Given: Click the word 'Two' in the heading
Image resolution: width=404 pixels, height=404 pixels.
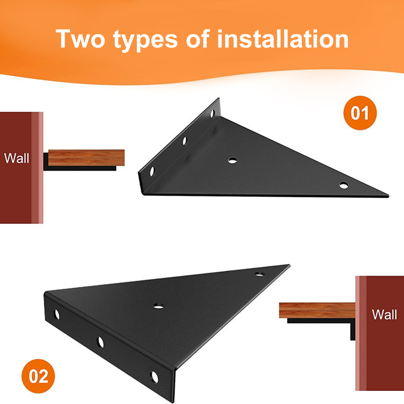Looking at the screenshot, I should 80,39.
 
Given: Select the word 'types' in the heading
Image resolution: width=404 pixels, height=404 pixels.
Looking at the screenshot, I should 145,40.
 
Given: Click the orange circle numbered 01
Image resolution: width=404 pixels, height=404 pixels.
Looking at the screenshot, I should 360,113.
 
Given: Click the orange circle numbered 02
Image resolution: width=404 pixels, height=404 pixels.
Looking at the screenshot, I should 38,376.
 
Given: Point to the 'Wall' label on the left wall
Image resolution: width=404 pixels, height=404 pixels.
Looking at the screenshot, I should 17,158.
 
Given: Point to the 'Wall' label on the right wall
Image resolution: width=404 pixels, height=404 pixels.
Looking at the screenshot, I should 384,315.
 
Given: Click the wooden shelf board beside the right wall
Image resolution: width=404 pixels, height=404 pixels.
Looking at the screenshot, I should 317,310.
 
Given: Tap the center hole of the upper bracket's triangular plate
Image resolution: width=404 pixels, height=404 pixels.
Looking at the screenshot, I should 233,160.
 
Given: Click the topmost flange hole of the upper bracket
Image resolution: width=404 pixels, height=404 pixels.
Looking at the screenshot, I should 213,113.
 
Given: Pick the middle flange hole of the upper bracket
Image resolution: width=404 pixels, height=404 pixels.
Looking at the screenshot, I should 185,141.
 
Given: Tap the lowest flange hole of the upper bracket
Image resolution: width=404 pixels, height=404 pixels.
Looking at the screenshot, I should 152,171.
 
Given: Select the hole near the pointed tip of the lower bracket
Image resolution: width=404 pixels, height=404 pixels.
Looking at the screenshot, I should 259,274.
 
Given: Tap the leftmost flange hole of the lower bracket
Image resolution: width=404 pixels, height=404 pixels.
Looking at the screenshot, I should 57,314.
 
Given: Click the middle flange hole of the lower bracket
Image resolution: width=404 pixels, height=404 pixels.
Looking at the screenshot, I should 100,342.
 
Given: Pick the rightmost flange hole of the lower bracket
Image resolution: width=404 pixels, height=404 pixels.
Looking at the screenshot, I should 154,377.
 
